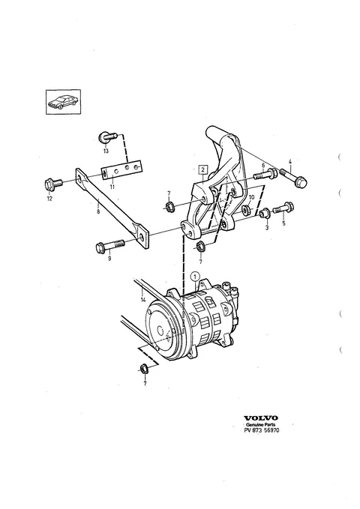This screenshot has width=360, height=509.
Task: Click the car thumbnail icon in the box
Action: pyautogui.click(x=63, y=102)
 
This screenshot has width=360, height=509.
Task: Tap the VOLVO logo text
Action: pyautogui.click(x=261, y=418)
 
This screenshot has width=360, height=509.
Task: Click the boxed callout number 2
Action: pyautogui.click(x=202, y=169)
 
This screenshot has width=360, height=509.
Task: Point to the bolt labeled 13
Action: pyautogui.click(x=107, y=137)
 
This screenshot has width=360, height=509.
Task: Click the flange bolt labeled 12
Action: pyautogui.click(x=53, y=185)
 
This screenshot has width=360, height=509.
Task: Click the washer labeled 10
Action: pyautogui.click(x=247, y=208)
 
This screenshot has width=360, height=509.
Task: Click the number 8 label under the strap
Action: pyautogui.click(x=98, y=211)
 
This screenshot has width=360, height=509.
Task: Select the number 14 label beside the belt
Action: pyautogui.click(x=143, y=300)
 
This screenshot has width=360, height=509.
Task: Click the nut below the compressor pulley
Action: pyautogui.click(x=143, y=368)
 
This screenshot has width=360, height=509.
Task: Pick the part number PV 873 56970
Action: pyautogui.click(x=262, y=430)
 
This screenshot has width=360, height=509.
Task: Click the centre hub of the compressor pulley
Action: pyautogui.click(x=160, y=331)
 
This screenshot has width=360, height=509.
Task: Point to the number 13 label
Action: pyautogui.click(x=106, y=151)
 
